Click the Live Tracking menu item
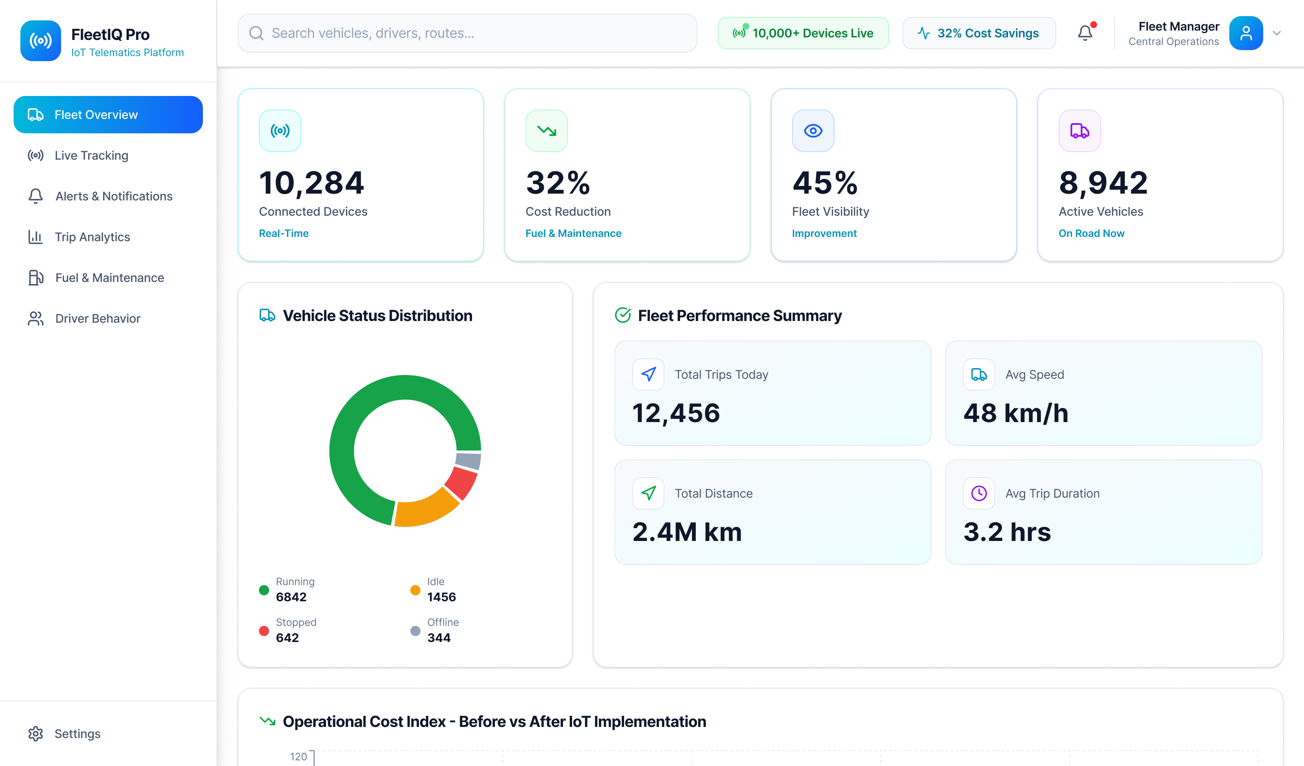[91, 155]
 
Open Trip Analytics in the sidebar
[92, 237]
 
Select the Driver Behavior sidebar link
[97, 318]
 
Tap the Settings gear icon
[36, 733]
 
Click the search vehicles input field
[467, 33]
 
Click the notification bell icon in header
[1085, 33]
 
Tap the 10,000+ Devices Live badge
[803, 33]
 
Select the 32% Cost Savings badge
[978, 33]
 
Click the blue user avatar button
[1245, 33]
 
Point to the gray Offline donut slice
[468, 460]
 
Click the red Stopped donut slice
[461, 482]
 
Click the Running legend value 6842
[291, 597]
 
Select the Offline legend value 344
[438, 638]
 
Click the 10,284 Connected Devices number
[312, 183]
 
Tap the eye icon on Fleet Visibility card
[812, 131]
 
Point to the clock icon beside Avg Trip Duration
[978, 493]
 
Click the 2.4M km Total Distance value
[687, 532]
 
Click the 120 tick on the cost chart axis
[298, 756]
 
